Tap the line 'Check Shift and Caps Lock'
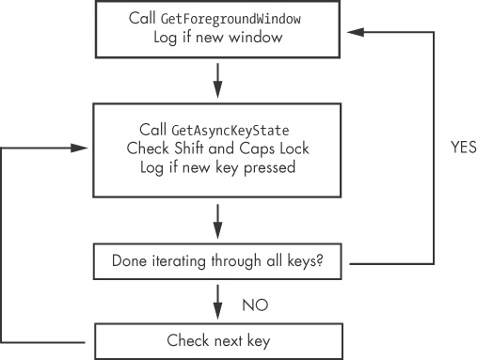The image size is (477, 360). pos(218,149)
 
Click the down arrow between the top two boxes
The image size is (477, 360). pos(218,80)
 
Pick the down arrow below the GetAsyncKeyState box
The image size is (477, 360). pos(218,221)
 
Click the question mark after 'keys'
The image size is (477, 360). pos(322,260)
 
